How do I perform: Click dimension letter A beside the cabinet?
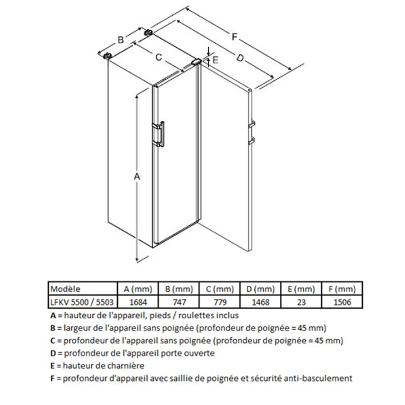(137, 177)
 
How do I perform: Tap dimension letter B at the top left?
(120, 40)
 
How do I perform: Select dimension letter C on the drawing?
(159, 57)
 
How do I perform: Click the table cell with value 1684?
(137, 302)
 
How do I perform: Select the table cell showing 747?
(178, 302)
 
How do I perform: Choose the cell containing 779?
(219, 302)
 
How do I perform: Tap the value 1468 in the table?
(260, 302)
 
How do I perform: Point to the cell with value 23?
(301, 302)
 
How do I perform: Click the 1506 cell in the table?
(342, 302)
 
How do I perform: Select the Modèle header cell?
(65, 289)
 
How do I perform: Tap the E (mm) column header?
(301, 289)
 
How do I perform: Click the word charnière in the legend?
(125, 366)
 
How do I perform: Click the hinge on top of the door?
(196, 62)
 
